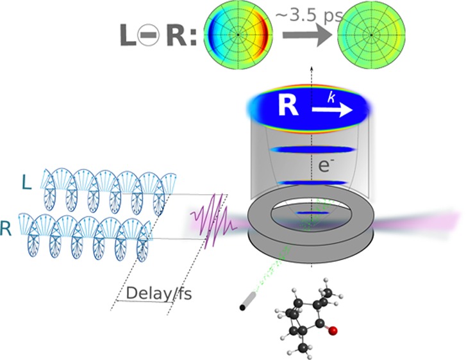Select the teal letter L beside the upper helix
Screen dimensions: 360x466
coord(26,182)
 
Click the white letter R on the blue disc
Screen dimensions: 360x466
coord(290,107)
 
